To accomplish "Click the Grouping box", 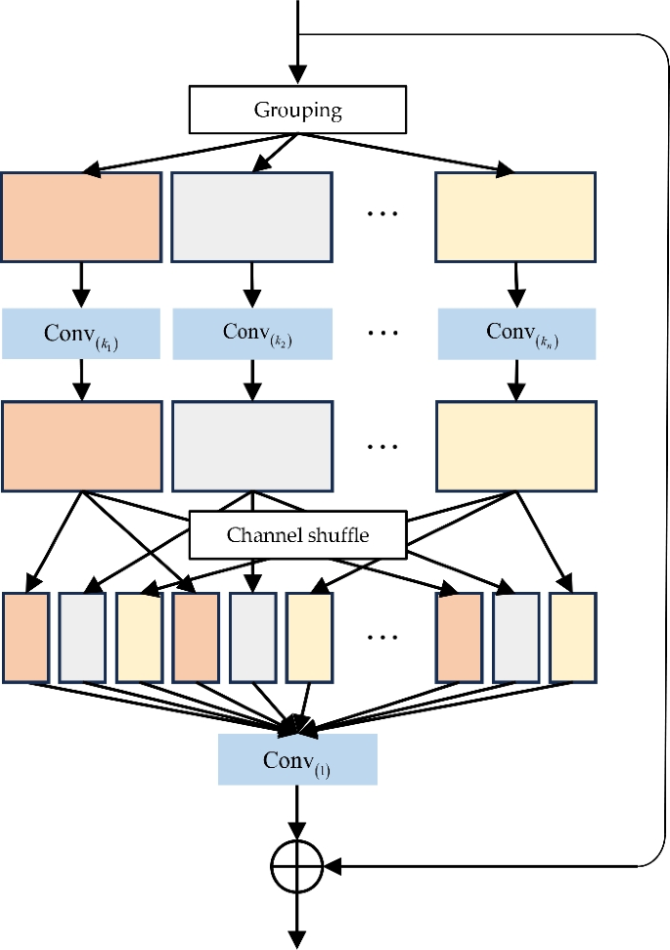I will (x=297, y=110).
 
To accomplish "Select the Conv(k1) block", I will (x=81, y=334).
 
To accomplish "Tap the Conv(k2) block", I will (x=252, y=334).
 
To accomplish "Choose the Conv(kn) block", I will (x=516, y=334).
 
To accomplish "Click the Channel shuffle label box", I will (x=297, y=535).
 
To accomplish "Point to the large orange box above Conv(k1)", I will (x=81, y=217).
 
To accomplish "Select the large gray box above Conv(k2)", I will (x=252, y=217).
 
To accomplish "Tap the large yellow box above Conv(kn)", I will (x=516, y=217).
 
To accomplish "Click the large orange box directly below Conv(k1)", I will (x=81, y=446).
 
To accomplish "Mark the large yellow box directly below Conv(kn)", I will (x=516, y=446).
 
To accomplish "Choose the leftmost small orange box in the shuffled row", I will (x=26, y=637).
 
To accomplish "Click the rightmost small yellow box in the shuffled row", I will (x=573, y=637).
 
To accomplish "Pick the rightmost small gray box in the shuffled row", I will (x=516, y=637).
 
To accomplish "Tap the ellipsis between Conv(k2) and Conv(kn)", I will (x=382, y=334).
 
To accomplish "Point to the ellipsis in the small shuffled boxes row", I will (x=382, y=637).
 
